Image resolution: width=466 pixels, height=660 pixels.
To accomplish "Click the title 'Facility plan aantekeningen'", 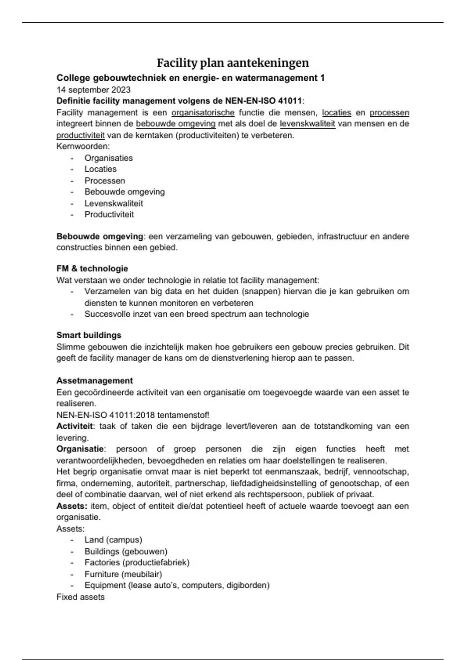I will (233, 63).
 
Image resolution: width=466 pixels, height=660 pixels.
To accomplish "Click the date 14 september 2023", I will (94, 90).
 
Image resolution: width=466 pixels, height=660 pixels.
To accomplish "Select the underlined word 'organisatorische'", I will (203, 113).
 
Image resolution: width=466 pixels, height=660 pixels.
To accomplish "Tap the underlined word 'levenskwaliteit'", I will (308, 124).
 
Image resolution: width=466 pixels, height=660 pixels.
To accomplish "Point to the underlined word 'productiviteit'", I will (80, 135).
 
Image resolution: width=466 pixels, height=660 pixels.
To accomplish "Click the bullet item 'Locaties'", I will (101, 169).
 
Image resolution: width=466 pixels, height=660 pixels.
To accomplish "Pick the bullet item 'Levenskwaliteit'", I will (114, 203).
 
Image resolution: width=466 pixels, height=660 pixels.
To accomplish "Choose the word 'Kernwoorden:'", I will (83, 146).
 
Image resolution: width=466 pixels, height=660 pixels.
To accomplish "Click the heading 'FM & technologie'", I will (92, 269).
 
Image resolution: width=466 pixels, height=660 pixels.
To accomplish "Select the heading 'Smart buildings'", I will (89, 335).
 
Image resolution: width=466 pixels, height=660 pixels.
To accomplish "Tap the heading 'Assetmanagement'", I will (94, 380).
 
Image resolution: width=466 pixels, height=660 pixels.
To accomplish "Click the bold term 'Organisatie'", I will (80, 449).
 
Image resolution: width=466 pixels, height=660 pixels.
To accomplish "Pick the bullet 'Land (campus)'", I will (113, 540).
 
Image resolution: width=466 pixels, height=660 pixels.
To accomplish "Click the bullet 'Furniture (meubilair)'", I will (123, 574).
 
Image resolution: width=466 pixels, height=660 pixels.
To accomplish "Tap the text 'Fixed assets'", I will (80, 597).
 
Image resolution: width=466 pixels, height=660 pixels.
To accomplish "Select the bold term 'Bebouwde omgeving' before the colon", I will (100, 236).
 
